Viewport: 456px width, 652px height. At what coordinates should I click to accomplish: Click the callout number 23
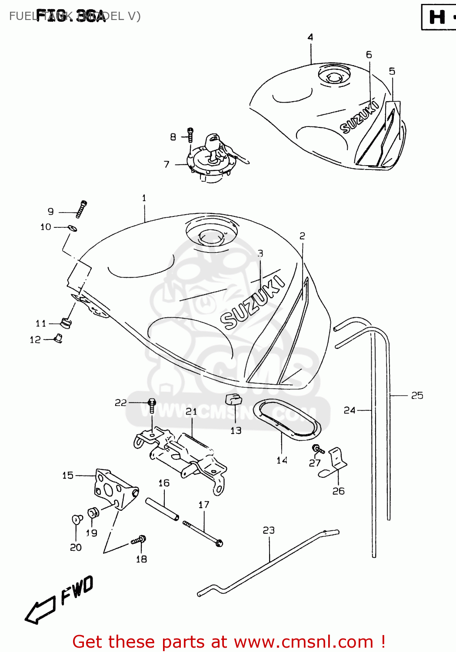point(269,530)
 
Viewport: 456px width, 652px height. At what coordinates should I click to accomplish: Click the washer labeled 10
point(73,228)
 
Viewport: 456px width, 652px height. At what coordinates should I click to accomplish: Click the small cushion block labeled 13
point(233,399)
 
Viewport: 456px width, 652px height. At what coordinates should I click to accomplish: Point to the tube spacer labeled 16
point(162,509)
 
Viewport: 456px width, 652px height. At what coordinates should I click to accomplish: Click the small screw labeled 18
point(139,540)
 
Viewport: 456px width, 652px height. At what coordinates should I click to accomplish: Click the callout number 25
point(417,396)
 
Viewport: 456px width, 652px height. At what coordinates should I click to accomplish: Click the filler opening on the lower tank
point(211,235)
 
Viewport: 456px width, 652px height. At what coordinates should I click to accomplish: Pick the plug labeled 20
point(77,519)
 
